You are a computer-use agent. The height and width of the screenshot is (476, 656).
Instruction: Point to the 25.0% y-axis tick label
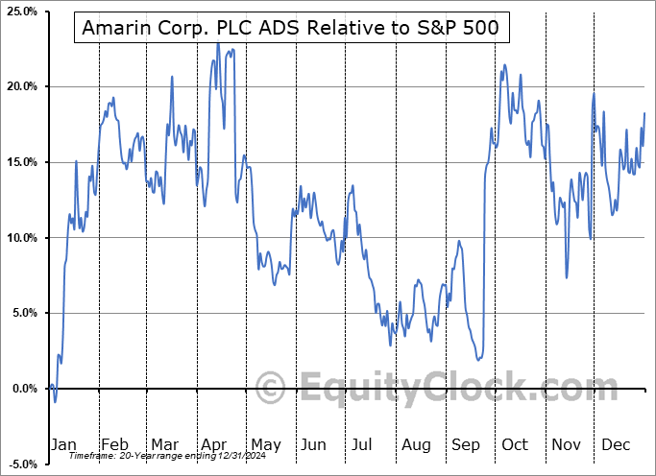(21, 12)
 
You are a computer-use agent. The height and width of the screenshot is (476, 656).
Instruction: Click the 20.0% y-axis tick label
(21, 86)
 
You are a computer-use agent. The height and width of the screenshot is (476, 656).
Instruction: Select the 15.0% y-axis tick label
(21, 162)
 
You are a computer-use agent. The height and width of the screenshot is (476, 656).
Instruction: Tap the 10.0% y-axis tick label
(21, 238)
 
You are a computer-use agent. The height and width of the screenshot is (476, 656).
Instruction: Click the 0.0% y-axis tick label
(24, 389)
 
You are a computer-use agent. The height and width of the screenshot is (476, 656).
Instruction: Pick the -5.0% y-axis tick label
(22, 464)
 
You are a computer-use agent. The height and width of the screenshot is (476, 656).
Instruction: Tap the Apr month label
(213, 444)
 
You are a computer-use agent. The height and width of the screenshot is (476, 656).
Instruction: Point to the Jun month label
(313, 444)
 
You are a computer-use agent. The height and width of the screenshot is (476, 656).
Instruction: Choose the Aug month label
(416, 444)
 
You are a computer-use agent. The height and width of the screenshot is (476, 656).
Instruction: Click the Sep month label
(466, 444)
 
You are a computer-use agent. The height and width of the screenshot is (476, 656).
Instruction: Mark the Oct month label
(515, 444)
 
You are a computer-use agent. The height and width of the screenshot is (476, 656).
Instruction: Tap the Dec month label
(616, 444)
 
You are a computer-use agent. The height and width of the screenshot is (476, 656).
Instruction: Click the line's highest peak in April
(218, 42)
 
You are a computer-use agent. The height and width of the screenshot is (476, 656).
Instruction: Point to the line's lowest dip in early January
(55, 401)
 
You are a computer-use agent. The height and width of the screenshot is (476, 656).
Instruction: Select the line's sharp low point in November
(567, 277)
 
